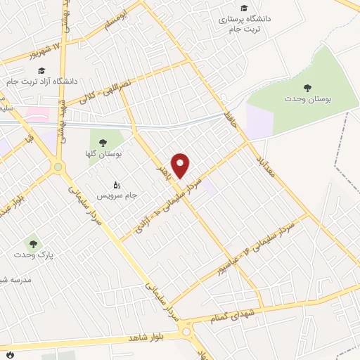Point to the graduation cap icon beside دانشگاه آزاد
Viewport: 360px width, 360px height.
pos(41,71)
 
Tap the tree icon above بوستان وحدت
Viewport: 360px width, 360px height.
pos(307,88)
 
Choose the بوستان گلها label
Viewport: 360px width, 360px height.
pos(108,153)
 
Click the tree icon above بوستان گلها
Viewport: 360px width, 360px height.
pos(104,141)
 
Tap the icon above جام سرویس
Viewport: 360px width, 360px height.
pos(116,181)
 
